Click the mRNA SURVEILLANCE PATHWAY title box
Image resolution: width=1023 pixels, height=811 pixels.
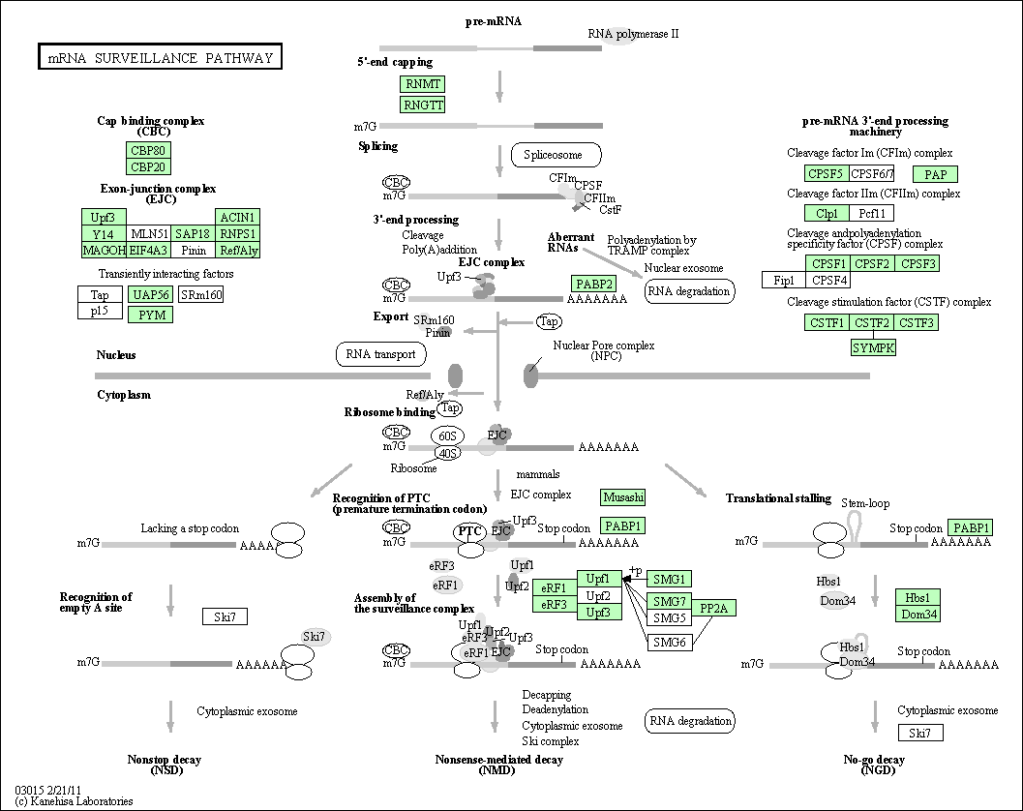[160, 57]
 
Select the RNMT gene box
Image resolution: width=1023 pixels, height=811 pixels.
[422, 84]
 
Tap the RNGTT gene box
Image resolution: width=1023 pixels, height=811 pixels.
[422, 105]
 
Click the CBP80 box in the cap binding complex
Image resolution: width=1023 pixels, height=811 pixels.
[148, 150]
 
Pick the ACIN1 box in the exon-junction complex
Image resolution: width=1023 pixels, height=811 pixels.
[237, 217]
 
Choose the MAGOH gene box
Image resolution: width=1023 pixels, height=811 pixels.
[104, 250]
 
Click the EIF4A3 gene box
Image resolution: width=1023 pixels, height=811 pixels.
[149, 250]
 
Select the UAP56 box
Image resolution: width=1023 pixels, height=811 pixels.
[151, 294]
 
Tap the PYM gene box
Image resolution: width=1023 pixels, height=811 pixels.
[151, 315]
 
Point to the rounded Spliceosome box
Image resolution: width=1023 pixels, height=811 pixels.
[556, 155]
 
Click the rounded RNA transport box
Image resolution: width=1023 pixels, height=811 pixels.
[381, 354]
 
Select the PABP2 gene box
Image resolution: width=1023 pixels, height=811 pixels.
[593, 284]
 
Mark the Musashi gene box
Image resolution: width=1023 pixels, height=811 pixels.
[623, 497]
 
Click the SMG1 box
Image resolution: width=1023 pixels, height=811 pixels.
[670, 579]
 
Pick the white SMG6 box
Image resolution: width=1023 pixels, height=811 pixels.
[670, 642]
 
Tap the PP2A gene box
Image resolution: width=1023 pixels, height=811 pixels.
[713, 608]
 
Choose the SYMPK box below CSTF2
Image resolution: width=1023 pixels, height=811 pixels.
[873, 347]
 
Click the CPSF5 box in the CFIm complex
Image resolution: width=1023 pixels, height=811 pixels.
[827, 173]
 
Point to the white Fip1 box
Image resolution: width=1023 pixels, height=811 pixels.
[784, 280]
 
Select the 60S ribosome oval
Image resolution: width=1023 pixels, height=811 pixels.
[447, 436]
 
